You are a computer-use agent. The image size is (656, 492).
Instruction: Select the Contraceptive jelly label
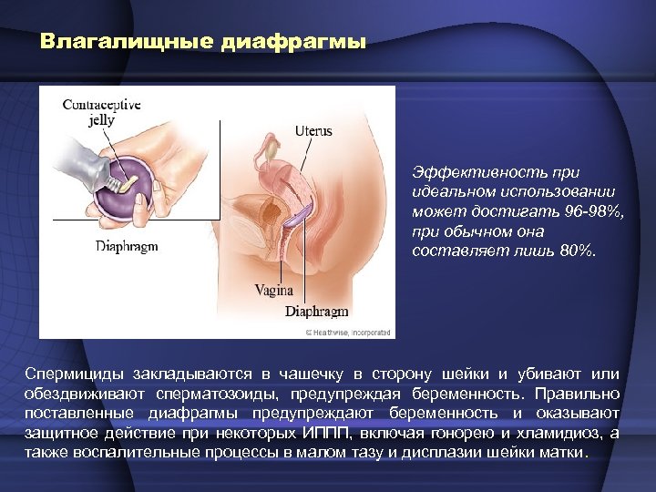[101, 112]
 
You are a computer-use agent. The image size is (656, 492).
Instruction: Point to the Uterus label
[313, 131]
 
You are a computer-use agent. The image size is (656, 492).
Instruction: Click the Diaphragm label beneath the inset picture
[127, 246]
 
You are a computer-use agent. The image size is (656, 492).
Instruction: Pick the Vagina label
[273, 291]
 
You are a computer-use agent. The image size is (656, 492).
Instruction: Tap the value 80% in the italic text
[577, 251]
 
